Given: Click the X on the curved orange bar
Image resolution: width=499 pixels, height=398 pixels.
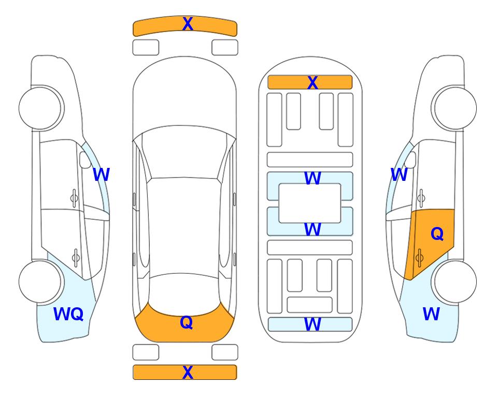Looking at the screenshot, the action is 188,24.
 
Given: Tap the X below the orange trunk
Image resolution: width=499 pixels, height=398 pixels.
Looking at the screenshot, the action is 188,372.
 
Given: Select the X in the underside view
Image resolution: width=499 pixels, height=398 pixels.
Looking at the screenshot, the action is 312,83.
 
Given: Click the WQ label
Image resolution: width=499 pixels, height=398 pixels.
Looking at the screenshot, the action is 68,314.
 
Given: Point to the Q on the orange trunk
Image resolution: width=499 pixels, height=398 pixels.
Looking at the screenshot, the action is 186,322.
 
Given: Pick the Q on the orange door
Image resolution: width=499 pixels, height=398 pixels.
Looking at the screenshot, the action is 437,234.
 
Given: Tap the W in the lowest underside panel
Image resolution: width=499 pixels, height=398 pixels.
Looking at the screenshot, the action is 312,324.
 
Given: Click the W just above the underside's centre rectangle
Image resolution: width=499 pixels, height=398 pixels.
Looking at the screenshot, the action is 312,178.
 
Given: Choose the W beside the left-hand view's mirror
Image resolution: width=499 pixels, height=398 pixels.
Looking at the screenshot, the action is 101,175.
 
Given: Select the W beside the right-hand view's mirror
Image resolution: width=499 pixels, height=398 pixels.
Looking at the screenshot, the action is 399,175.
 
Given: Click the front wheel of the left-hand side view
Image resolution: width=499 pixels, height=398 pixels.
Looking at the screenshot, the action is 40,108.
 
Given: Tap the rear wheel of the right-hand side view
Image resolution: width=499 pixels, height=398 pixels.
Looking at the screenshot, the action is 455,281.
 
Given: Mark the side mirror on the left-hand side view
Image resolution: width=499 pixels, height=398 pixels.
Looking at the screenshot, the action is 85,160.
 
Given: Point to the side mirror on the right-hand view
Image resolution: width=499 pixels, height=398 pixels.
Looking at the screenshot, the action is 410,160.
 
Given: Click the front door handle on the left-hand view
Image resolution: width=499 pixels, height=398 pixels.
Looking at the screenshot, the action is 74,198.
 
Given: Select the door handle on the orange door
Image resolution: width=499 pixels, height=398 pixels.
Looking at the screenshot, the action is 419,258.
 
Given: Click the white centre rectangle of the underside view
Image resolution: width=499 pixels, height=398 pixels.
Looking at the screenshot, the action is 310,203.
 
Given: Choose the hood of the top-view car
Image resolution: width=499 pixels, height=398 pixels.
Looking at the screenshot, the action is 184,92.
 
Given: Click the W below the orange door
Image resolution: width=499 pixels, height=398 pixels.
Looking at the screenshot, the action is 431,314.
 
